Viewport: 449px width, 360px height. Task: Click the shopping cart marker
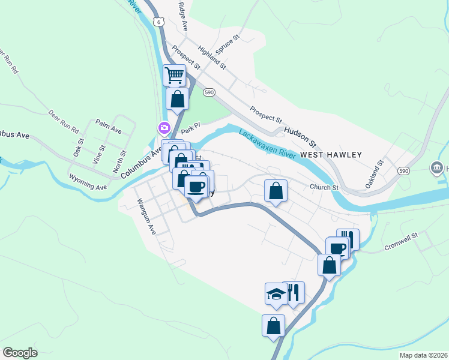[175, 76]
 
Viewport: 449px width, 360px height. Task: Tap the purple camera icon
[163, 128]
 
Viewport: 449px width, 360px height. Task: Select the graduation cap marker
[276, 294]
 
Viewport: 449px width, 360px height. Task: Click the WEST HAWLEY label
[331, 155]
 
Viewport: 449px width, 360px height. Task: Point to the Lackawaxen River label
[268, 144]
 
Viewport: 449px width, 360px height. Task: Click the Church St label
[324, 188]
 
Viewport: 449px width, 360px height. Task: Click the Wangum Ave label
[146, 216]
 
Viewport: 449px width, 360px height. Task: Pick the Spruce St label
[228, 46]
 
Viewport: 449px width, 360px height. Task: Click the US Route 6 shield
[157, 21]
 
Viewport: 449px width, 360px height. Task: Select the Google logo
[20, 353]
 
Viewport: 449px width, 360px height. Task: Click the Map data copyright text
[423, 355]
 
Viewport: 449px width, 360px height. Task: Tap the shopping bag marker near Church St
[276, 191]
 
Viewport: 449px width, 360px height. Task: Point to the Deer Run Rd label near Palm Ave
[64, 121]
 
